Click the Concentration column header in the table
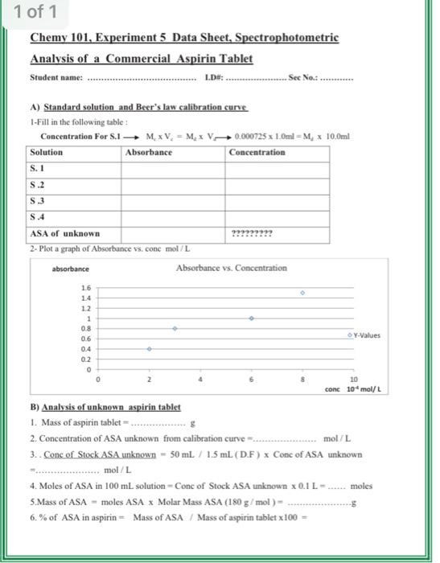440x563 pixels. [257, 152]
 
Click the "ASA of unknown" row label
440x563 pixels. [64, 233]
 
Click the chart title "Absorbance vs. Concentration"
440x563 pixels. [231, 268]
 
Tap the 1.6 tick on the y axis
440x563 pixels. [86, 288]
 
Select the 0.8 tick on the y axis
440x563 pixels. [86, 329]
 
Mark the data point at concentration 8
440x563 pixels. [302, 294]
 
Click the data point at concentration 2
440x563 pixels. [150, 348]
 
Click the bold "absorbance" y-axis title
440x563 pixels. [71, 269]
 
